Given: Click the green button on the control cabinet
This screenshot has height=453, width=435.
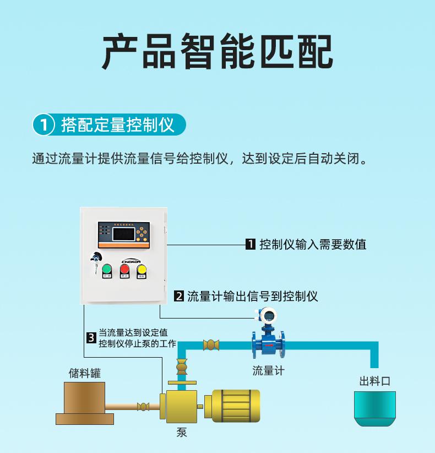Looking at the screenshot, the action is [106, 269].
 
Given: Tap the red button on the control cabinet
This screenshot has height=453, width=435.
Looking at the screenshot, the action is [124, 269].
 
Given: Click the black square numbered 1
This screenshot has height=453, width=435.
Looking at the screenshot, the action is [250, 245].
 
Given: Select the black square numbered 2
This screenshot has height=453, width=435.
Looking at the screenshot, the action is [178, 296].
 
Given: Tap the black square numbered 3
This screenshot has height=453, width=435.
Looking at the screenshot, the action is [91, 338].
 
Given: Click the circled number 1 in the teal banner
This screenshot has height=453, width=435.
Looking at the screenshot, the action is [43, 125].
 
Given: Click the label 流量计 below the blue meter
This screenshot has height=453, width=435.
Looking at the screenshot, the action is [268, 371].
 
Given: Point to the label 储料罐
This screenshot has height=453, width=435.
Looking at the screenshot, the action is [85, 373].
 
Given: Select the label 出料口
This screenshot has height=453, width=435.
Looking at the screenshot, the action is [374, 381].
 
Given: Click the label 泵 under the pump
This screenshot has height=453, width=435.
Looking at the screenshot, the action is [182, 433].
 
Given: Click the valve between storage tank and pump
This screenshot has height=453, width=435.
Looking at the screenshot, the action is [143, 407].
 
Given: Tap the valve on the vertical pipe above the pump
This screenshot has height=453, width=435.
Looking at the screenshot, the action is [181, 366].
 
